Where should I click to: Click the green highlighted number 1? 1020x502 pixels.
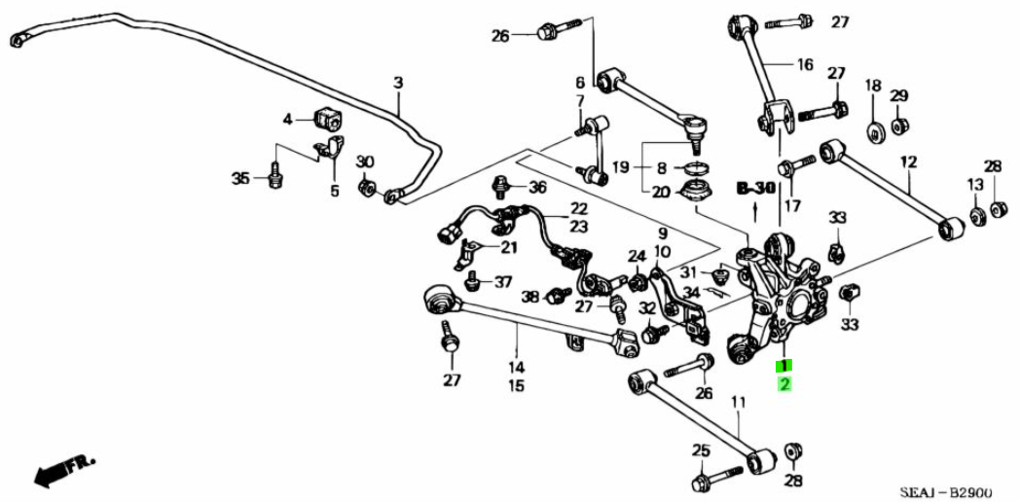click(783, 366)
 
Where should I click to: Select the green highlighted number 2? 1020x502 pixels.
click(783, 384)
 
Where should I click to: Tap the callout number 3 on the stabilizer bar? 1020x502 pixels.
click(398, 84)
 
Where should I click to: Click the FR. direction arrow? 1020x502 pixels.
click(55, 475)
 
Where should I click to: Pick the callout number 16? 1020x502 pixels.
click(804, 65)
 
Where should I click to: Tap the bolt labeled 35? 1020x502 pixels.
click(275, 178)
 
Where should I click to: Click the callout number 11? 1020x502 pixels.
click(738, 402)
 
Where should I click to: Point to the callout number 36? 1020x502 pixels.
click(538, 187)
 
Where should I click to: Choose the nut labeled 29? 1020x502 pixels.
click(899, 125)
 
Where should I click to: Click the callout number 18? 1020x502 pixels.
click(872, 86)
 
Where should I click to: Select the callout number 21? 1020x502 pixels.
click(510, 247)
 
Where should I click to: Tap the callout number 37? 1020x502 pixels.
click(502, 282)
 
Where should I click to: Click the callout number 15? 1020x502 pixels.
click(516, 385)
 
